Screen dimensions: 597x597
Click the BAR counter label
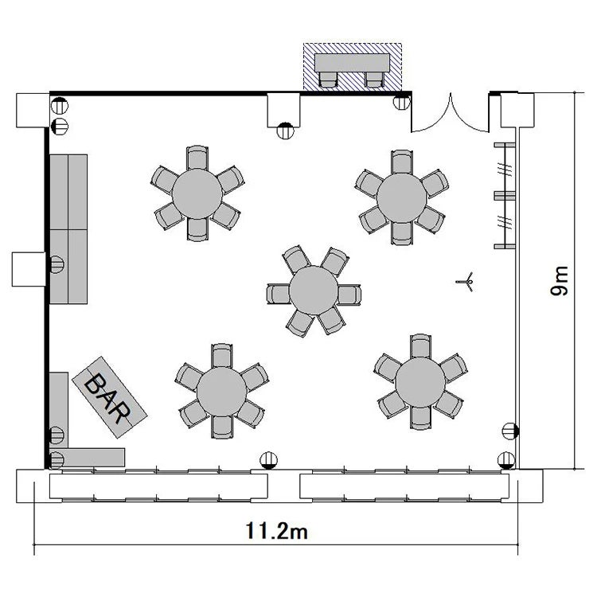point(107,399)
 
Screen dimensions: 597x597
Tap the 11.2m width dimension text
point(276,530)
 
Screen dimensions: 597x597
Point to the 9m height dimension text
point(559,281)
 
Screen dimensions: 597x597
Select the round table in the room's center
point(314,290)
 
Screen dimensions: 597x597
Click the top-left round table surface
point(197,193)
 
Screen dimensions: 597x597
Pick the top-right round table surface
point(402,197)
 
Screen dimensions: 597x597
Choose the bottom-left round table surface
point(221,392)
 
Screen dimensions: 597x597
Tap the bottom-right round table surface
point(420,382)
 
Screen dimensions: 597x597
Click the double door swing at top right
point(451,113)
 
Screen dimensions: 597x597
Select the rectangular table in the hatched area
point(352,62)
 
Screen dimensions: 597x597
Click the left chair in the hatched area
point(328,79)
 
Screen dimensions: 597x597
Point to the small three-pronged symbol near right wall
point(466,282)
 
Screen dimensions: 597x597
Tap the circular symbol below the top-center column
point(285,131)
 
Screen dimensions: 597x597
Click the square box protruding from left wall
point(29,269)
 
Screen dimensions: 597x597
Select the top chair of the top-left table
point(197,158)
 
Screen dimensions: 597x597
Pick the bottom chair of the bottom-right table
point(421,418)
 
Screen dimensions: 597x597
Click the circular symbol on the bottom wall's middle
point(269,460)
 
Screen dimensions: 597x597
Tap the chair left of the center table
point(279,294)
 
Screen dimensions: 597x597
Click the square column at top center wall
point(283,110)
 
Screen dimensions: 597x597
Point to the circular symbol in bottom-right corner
point(506,460)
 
